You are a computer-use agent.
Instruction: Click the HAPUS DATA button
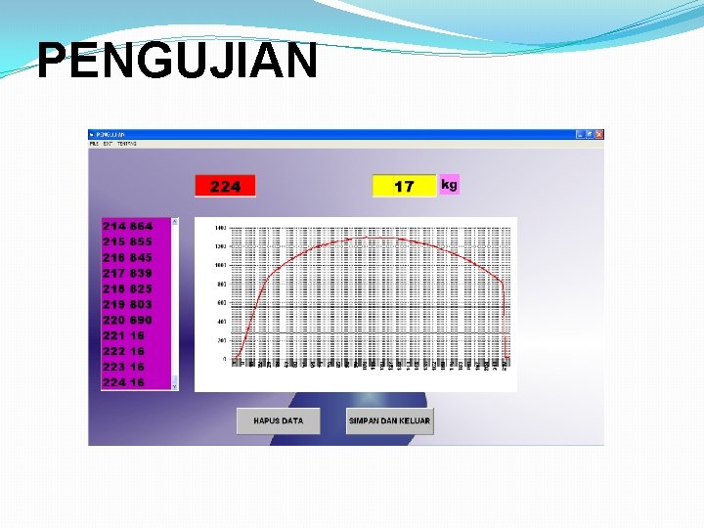(x=278, y=420)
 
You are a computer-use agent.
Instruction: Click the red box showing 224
(x=225, y=186)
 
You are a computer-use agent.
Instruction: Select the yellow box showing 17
(x=404, y=186)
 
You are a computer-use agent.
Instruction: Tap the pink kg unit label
(x=449, y=184)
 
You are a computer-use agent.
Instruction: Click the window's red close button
(x=599, y=134)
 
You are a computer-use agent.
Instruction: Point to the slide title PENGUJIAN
(x=177, y=62)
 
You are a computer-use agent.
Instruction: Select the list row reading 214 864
(x=128, y=226)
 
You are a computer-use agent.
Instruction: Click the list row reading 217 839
(x=128, y=273)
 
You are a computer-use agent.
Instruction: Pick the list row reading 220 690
(x=128, y=320)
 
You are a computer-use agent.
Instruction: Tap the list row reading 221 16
(x=124, y=335)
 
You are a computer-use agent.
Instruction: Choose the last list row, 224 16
(x=124, y=382)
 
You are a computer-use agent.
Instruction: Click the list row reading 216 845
(x=128, y=257)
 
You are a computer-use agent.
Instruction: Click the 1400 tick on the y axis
(x=221, y=227)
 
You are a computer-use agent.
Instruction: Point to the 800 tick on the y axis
(x=222, y=284)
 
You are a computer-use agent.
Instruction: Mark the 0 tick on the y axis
(x=224, y=359)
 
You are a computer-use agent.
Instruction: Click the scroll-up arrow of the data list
(x=175, y=222)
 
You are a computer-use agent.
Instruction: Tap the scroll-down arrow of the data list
(x=175, y=386)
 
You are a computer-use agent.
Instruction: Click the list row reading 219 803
(x=128, y=304)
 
